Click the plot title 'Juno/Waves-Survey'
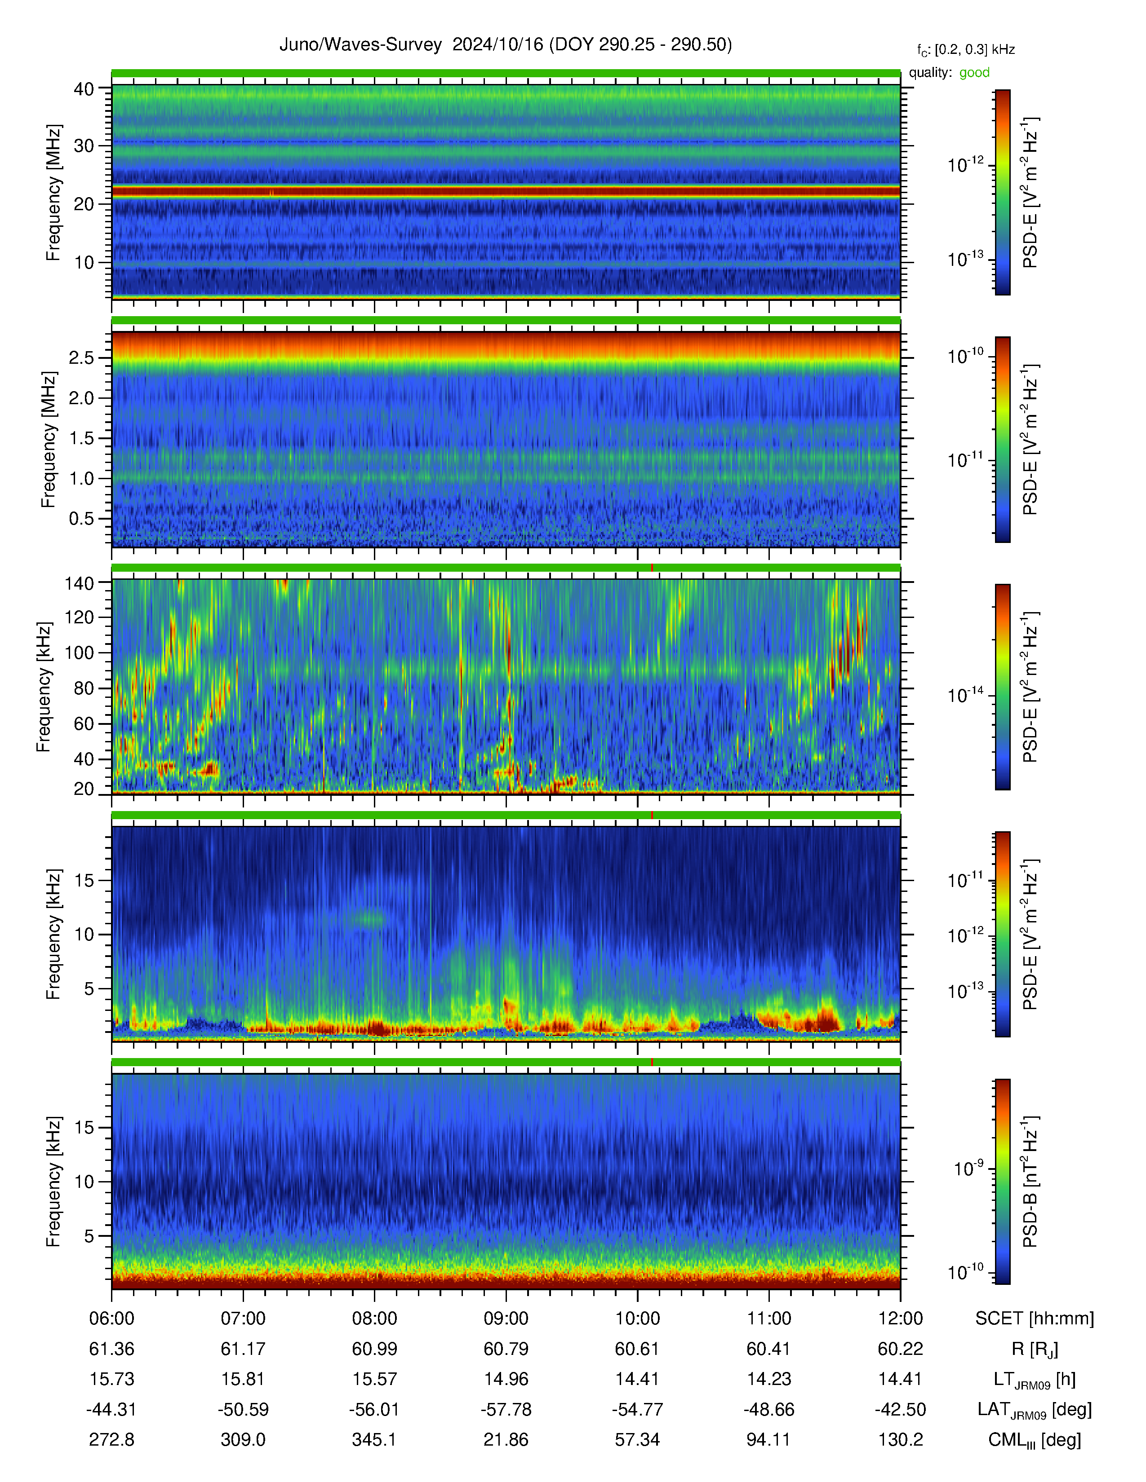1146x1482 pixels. [360, 45]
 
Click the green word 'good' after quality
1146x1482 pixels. [974, 73]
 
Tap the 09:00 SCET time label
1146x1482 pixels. [506, 1319]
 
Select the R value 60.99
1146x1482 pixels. [374, 1349]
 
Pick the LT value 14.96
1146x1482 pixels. [506, 1379]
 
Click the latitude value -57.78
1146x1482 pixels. [506, 1409]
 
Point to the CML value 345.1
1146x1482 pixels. [374, 1439]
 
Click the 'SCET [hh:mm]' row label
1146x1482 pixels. [1035, 1319]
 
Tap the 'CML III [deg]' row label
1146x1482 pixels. [1035, 1440]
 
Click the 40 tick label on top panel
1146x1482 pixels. [84, 89]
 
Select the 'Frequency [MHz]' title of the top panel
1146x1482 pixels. [53, 193]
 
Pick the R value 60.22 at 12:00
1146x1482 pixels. [900, 1349]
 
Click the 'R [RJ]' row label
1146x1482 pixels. [1035, 1350]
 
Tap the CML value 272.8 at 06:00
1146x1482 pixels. [111, 1439]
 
